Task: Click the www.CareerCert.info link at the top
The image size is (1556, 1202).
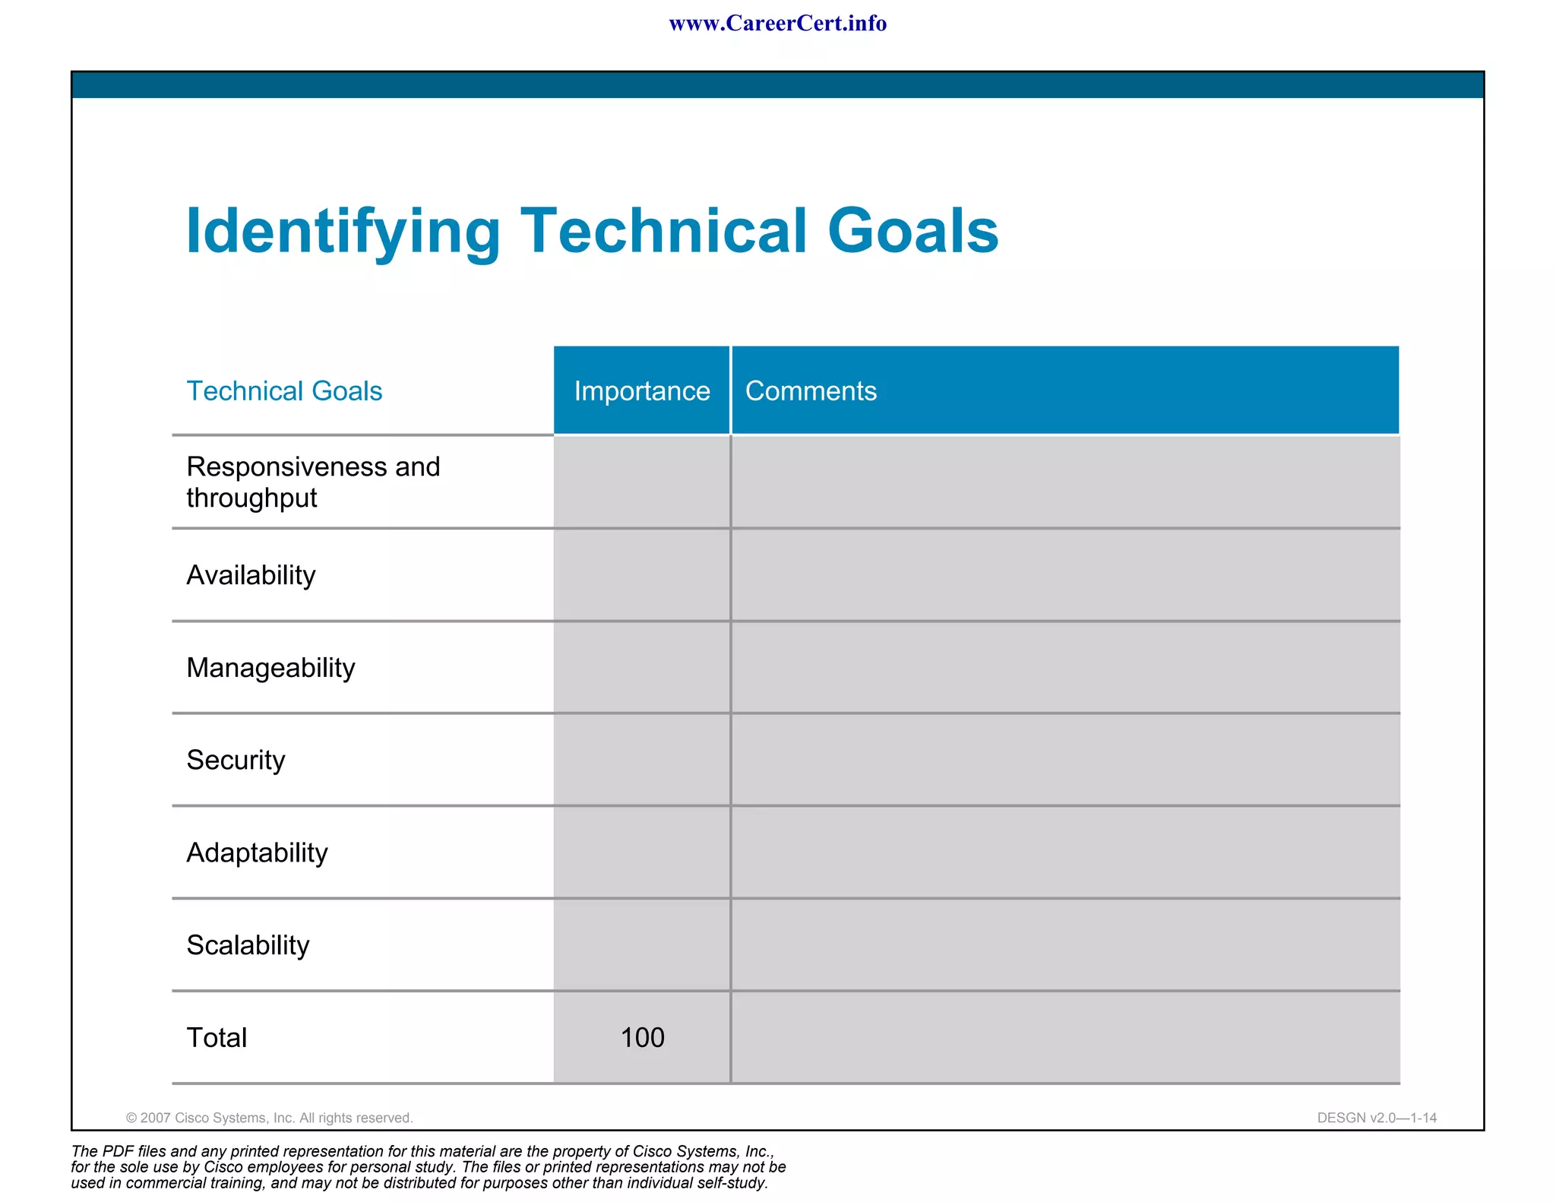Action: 777,24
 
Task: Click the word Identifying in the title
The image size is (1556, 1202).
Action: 343,231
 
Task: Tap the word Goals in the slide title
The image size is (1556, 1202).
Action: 912,231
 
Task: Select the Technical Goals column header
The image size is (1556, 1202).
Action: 284,391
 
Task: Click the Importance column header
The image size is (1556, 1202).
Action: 642,391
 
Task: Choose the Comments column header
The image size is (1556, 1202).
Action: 811,391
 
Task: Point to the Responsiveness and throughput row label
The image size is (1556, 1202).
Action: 313,482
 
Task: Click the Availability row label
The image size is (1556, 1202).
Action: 251,575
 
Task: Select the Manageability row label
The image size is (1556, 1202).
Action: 270,668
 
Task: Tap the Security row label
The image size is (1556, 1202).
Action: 236,760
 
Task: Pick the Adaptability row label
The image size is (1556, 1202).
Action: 257,852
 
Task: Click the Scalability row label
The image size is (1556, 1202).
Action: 248,945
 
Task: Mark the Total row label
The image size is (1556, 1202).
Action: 217,1038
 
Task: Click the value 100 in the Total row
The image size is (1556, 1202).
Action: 642,1038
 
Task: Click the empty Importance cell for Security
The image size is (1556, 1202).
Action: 642,760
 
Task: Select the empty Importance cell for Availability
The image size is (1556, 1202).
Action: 642,575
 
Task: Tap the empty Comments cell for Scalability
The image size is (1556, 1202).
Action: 1064,945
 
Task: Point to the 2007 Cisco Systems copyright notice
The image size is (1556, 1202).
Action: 270,1118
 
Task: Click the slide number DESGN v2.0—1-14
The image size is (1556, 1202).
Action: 1377,1118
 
